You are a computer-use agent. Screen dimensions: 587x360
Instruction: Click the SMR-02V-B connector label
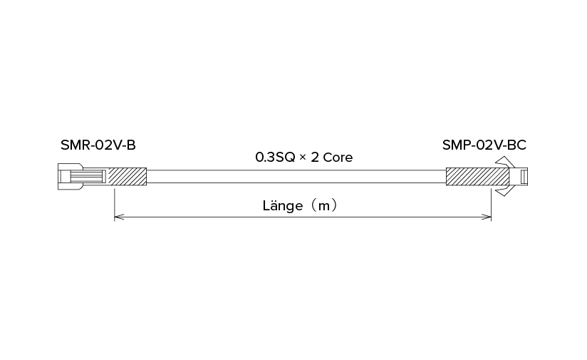click(98, 145)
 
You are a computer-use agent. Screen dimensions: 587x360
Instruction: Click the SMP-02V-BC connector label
click(484, 145)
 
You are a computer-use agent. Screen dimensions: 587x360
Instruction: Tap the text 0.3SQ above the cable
click(275, 158)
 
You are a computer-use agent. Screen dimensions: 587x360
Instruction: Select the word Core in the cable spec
click(338, 158)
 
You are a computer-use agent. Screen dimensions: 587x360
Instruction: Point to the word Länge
click(283, 205)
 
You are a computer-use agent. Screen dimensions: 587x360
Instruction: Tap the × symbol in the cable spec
click(303, 158)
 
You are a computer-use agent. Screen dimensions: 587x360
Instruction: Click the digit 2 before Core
click(315, 158)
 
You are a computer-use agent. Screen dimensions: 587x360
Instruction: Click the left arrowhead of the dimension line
click(118, 217)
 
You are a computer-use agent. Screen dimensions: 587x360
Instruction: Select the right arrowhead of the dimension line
click(487, 217)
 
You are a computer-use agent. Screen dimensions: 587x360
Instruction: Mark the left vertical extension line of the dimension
click(114, 205)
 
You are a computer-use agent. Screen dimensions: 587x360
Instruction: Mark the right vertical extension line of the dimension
click(491, 205)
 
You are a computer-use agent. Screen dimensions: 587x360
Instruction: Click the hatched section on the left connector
click(128, 177)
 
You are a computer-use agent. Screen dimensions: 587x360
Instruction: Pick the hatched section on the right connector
click(478, 177)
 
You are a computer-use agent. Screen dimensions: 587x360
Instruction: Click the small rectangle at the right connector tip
click(524, 177)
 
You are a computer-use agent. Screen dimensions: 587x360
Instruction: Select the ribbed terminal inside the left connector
click(86, 177)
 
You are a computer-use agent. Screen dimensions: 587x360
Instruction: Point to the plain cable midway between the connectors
click(296, 177)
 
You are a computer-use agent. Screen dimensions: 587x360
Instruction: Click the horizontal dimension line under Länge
click(303, 217)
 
